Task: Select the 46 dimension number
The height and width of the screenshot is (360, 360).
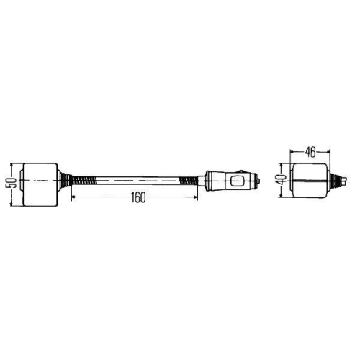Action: coord(310,152)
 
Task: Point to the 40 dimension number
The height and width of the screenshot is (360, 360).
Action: coord(280,179)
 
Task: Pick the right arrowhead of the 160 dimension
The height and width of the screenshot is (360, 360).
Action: coord(195,199)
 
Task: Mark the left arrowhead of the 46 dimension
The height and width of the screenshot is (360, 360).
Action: coord(292,152)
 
